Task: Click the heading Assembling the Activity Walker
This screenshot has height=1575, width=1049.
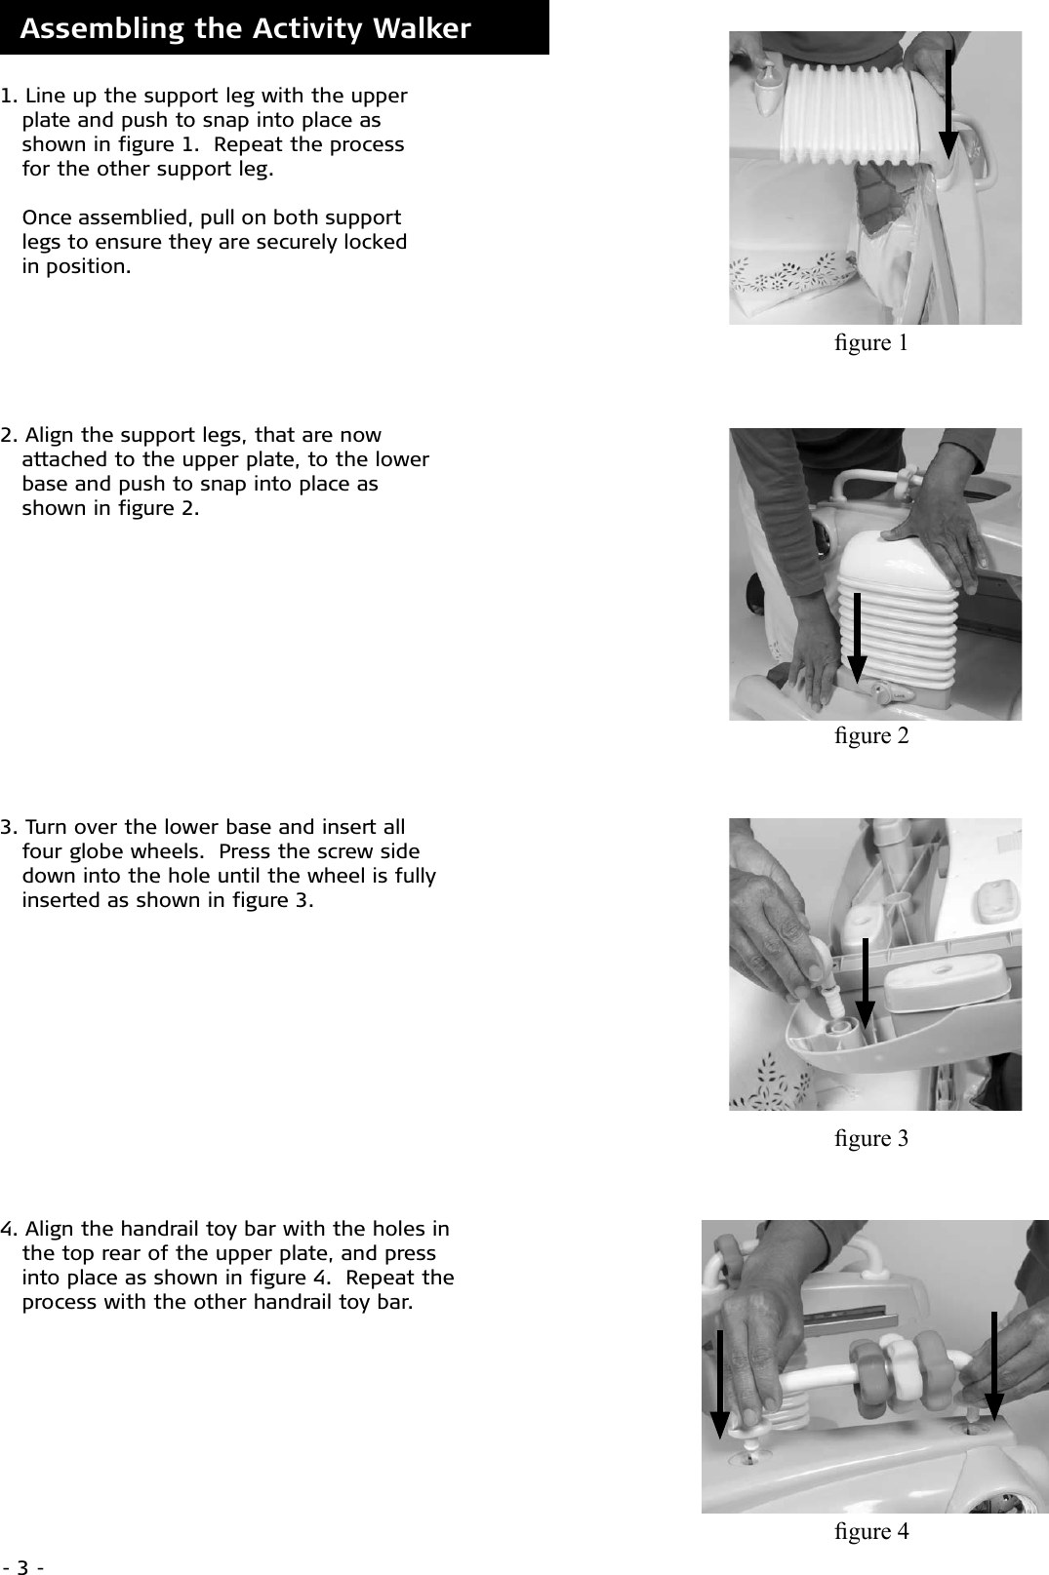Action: pyautogui.click(x=245, y=28)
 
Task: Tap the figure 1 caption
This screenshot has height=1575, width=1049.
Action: pyautogui.click(x=871, y=343)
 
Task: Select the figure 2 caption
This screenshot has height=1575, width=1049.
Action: pyautogui.click(x=871, y=735)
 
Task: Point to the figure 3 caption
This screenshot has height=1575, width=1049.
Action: pyautogui.click(x=871, y=1138)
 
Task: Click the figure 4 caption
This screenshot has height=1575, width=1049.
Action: pyautogui.click(x=871, y=1531)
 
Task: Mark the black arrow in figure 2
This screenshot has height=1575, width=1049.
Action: pyautogui.click(x=856, y=635)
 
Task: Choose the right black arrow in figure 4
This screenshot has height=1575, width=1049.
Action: pyautogui.click(x=993, y=1365)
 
